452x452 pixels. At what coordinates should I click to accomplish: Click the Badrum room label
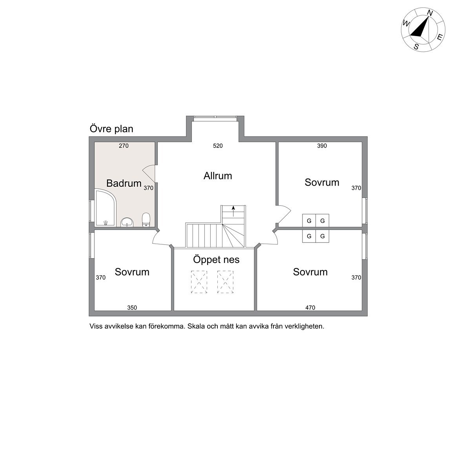click(x=124, y=183)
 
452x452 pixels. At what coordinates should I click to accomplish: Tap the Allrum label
click(x=218, y=176)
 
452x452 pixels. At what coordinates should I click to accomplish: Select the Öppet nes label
click(x=216, y=259)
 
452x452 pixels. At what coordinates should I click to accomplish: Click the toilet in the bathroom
click(x=146, y=220)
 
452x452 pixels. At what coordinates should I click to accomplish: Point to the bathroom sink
click(x=127, y=222)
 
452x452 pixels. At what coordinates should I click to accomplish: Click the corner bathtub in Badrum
click(x=106, y=208)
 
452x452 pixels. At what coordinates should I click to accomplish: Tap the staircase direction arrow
click(x=233, y=211)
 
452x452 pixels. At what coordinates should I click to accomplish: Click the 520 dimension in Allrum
click(x=218, y=146)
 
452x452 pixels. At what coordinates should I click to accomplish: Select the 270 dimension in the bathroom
click(x=124, y=146)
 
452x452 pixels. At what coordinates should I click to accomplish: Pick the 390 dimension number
click(x=322, y=146)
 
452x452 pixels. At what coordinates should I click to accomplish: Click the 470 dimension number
click(x=310, y=308)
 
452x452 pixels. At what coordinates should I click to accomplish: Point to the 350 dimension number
click(x=132, y=308)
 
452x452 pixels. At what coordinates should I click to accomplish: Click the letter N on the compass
click(x=430, y=13)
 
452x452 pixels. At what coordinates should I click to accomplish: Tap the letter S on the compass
click(x=416, y=47)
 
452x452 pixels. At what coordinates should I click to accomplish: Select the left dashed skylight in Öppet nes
click(x=199, y=282)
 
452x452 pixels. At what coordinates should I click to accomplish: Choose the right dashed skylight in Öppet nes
click(x=226, y=282)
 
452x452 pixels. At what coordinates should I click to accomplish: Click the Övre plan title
click(x=111, y=129)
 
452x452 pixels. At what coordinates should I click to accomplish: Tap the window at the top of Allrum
click(x=215, y=117)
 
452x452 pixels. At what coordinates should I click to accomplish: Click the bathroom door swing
click(x=149, y=174)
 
